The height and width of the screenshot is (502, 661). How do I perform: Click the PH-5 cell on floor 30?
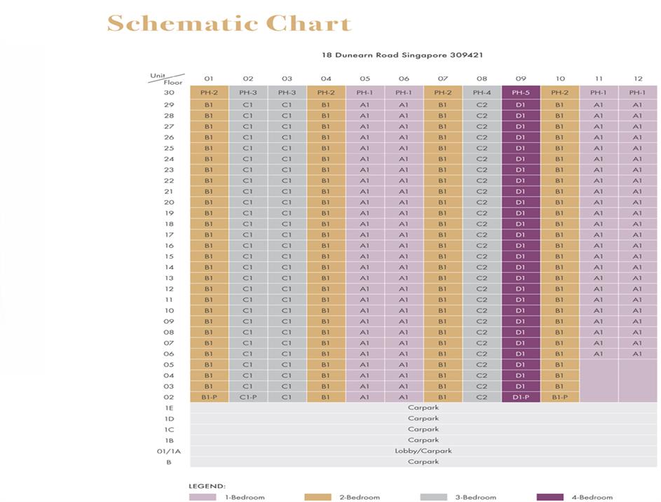(x=520, y=92)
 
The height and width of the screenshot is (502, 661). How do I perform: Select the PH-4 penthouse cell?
(x=482, y=92)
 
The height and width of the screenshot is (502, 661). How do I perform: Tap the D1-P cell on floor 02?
(x=520, y=397)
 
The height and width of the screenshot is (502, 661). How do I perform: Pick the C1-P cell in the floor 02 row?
(x=248, y=397)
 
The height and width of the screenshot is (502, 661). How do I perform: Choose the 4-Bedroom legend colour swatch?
(x=550, y=497)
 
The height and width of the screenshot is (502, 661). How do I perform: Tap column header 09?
(x=520, y=78)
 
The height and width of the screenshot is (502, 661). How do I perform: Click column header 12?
(x=637, y=78)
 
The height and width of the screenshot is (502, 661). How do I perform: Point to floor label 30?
(x=169, y=92)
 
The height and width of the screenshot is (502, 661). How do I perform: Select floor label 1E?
(x=169, y=407)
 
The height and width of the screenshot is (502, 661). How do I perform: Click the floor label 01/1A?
(x=169, y=451)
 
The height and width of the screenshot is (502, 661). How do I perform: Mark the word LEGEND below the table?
(x=207, y=485)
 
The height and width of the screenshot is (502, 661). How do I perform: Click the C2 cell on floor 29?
(x=482, y=104)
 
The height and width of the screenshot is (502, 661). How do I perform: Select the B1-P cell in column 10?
(x=559, y=397)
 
